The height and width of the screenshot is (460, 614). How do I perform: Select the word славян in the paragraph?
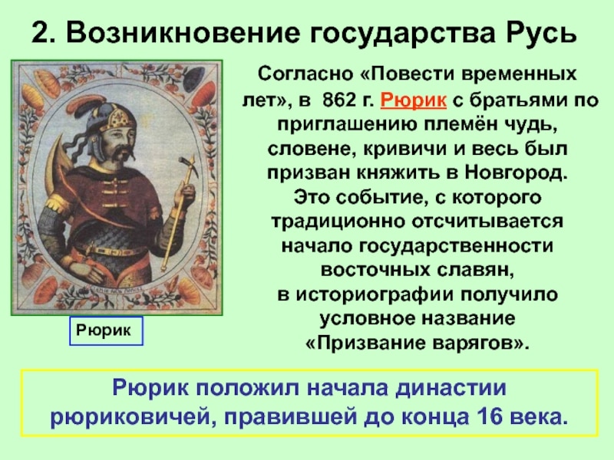point(477,271)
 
